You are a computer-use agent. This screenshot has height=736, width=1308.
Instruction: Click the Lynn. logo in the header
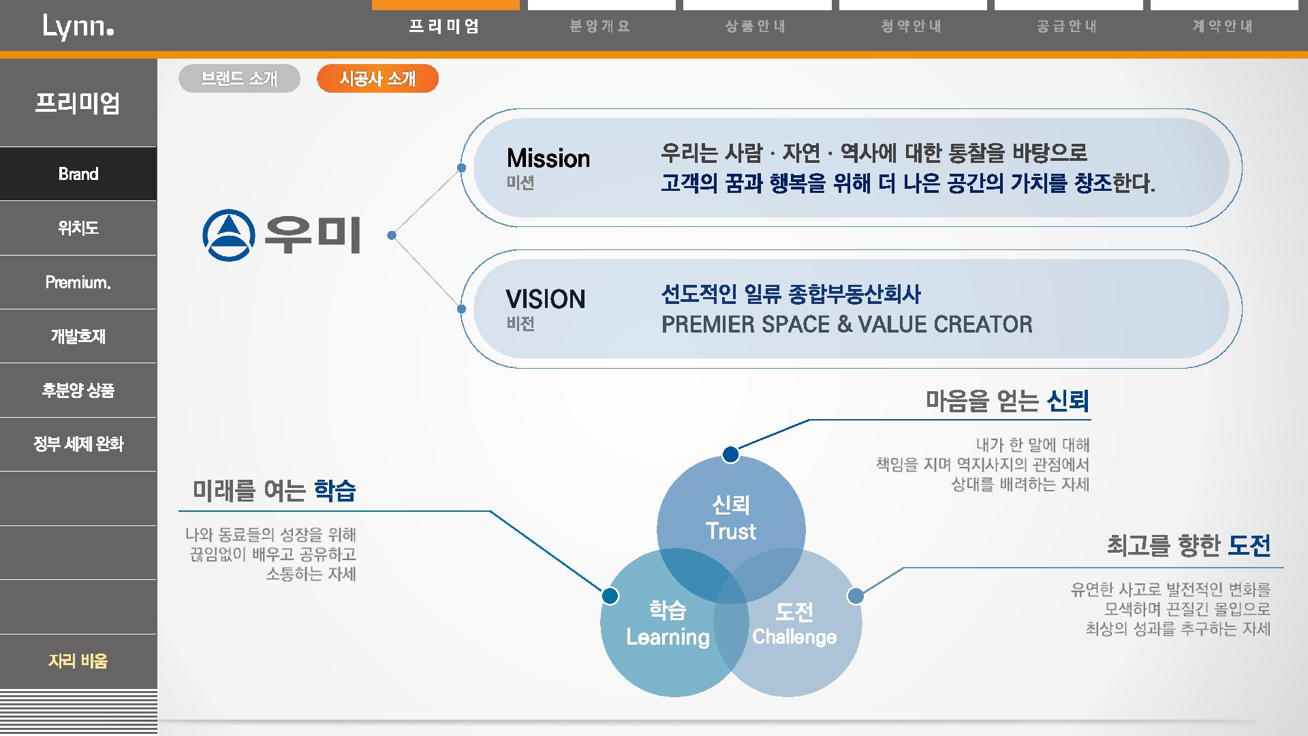[x=78, y=27]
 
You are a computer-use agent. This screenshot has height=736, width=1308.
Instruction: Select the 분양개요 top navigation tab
[x=600, y=27]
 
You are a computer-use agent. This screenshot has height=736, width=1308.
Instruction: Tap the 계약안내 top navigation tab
[x=1223, y=27]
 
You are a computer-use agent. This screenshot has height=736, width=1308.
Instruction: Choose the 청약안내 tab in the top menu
[x=912, y=27]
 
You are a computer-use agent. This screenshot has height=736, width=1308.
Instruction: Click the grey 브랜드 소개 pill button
[x=239, y=78]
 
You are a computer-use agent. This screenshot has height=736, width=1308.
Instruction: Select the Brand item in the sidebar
[x=78, y=174]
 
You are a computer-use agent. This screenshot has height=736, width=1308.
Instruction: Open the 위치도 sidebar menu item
[x=78, y=228]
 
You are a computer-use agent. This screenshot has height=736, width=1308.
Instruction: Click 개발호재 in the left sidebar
[x=78, y=336]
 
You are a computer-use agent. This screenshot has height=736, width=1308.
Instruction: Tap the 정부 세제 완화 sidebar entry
[x=78, y=444]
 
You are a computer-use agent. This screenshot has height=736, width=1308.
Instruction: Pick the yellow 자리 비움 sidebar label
[x=78, y=661]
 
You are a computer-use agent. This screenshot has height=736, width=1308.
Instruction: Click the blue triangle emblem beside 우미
[x=228, y=235]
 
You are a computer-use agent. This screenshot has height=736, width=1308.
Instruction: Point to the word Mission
[x=548, y=159]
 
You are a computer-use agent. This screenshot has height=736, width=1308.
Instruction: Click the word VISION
[x=546, y=299]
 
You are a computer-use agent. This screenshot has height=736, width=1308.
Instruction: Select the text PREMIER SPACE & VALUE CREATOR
[x=847, y=324]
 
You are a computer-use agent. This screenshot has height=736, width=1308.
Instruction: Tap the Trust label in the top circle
[x=731, y=532]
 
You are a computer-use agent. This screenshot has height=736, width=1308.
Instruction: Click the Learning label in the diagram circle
[x=668, y=637]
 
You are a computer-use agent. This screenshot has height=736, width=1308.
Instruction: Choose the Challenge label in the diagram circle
[x=794, y=637]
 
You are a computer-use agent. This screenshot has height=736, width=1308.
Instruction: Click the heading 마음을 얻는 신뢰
[x=1008, y=401]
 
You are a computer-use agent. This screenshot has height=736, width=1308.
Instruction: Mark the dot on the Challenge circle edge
[x=856, y=596]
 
